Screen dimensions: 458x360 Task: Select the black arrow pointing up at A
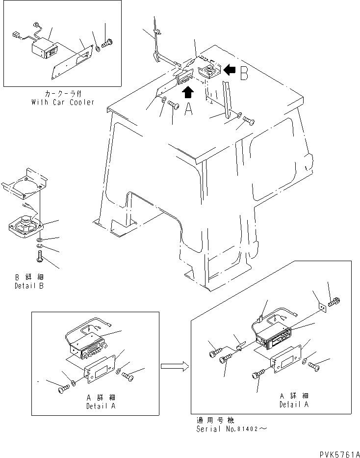tap(188, 92)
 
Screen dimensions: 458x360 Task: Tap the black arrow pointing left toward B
tap(229, 70)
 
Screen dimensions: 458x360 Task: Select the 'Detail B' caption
tap(29, 286)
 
